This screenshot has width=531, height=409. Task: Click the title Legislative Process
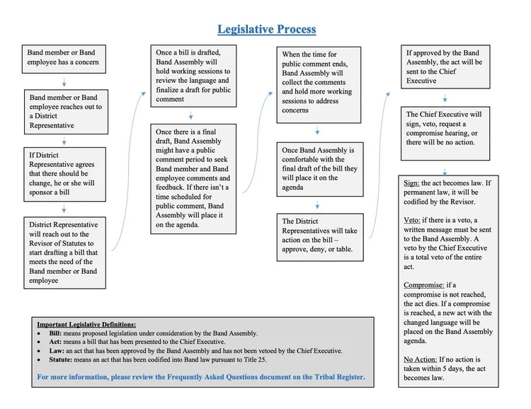click(266, 30)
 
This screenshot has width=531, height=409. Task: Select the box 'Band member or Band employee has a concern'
click(63, 57)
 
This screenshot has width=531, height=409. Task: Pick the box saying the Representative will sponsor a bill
click(64, 174)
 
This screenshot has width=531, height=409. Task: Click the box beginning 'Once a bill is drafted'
click(192, 76)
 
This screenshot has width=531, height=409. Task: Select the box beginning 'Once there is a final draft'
click(193, 178)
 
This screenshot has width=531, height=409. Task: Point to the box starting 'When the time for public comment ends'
click(318, 83)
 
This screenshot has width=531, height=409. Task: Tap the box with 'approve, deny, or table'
click(318, 235)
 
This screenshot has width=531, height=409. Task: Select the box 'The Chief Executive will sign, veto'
click(443, 128)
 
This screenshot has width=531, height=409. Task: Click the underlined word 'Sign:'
click(413, 183)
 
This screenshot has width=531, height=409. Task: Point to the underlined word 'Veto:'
click(414, 220)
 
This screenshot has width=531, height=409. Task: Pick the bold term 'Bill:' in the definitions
click(55, 333)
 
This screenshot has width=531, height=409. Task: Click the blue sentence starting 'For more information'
click(201, 377)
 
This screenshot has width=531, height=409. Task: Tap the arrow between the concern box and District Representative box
click(63, 81)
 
